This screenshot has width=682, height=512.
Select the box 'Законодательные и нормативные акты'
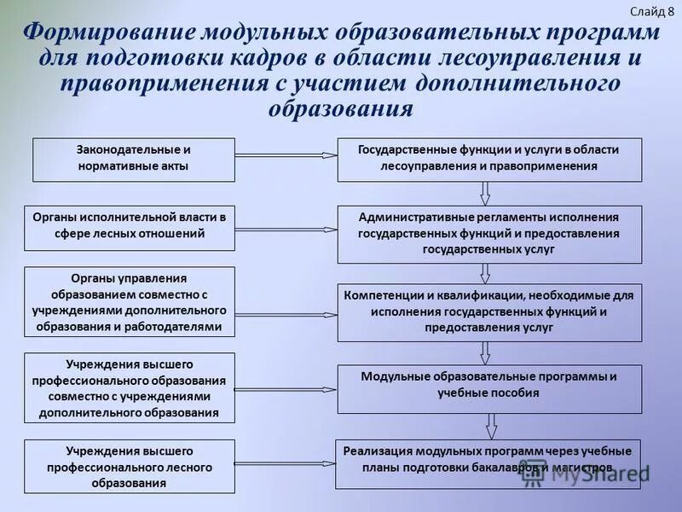(x=134, y=159)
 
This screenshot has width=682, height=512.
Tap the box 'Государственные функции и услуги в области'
(x=489, y=159)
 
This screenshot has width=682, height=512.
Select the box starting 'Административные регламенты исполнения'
(x=489, y=234)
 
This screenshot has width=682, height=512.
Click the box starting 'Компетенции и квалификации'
(x=489, y=312)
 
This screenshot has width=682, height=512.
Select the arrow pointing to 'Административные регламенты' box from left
(x=286, y=229)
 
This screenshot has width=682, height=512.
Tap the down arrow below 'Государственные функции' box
(x=484, y=194)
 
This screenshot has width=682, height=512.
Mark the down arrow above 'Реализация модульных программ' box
(x=490, y=426)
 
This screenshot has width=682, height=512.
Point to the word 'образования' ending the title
(x=341, y=109)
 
